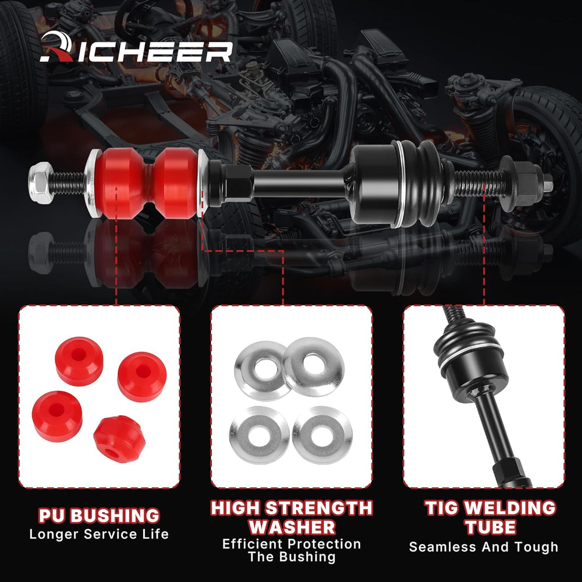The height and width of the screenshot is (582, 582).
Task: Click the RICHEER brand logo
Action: pyautogui.click(x=136, y=47)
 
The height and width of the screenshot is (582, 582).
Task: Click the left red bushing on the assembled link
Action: pyautogui.click(x=120, y=183)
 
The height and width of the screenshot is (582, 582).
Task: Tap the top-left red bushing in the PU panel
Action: pyautogui.click(x=79, y=361)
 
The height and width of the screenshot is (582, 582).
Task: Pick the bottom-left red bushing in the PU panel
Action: pyautogui.click(x=57, y=416)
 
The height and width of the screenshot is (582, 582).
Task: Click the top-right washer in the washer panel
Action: pyautogui.click(x=313, y=366)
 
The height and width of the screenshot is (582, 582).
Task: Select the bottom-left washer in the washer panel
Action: pyautogui.click(x=259, y=435)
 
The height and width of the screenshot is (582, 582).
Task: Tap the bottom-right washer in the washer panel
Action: pyautogui.click(x=322, y=435)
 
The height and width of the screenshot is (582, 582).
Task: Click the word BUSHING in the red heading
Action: pyautogui.click(x=115, y=516)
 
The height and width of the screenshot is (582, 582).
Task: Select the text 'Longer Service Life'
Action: pyautogui.click(x=99, y=534)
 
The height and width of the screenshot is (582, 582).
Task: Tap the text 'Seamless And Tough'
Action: pyautogui.click(x=484, y=546)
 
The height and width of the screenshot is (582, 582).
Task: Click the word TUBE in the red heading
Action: pyautogui.click(x=491, y=527)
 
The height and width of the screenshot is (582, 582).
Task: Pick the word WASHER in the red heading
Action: pyautogui.click(x=292, y=527)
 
